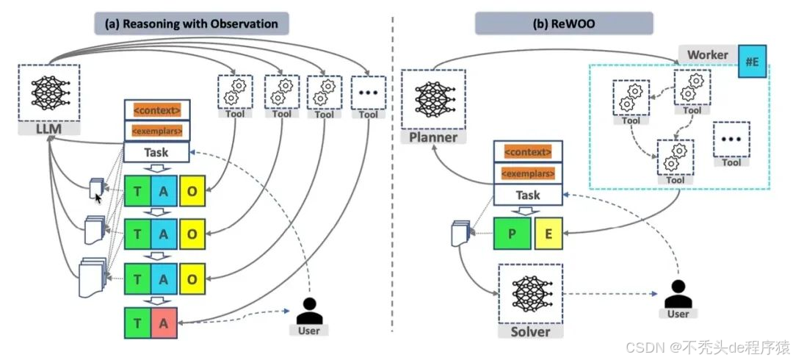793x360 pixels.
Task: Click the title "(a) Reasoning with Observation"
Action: [x=192, y=24]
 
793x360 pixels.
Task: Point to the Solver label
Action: [x=530, y=331]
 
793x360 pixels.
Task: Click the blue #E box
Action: [x=752, y=62]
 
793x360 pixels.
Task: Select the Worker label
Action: [x=707, y=54]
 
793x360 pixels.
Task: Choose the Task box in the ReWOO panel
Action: [x=528, y=195]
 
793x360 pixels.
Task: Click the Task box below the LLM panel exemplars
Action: [x=156, y=153]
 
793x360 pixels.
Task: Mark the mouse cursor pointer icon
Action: [x=98, y=197]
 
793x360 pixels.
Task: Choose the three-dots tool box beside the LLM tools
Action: [x=369, y=92]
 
